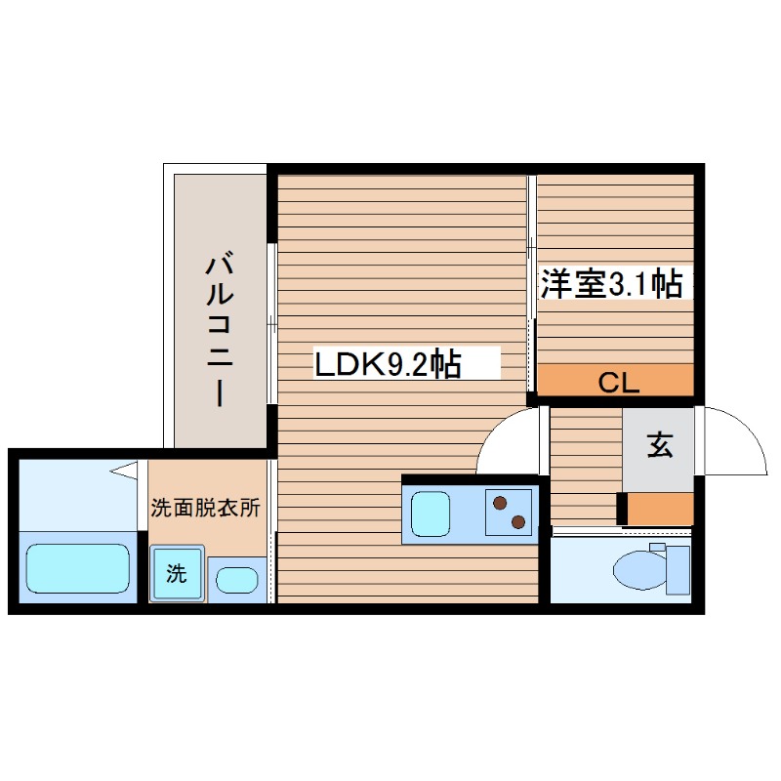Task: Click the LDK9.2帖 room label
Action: pos(387,364)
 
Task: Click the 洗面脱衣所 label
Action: pos(205,509)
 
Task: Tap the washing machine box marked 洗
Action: pos(176,574)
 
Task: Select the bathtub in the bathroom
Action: pos(78,568)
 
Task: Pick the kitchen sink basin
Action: pos(431,514)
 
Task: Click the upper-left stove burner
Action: pos(501,504)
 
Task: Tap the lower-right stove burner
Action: pos(519,521)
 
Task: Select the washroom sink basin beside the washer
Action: pos(235,580)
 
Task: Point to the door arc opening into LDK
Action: pos(508,439)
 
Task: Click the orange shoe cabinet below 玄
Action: pos(659,509)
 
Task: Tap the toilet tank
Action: pos(678,569)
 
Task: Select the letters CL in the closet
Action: pos(618,384)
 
